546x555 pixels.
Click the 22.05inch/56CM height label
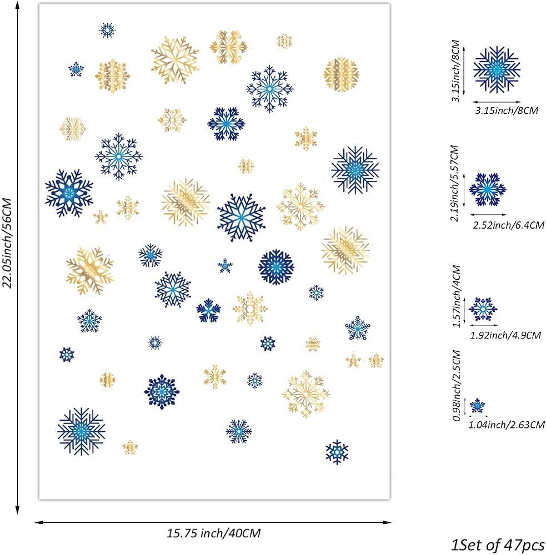click(x=7, y=243)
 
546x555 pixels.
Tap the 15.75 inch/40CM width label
click(x=214, y=533)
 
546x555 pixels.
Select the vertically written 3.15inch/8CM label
click(x=455, y=71)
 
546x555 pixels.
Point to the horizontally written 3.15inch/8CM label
click(x=507, y=110)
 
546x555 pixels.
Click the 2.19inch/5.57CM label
click(x=454, y=183)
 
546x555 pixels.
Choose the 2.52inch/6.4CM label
click(x=508, y=225)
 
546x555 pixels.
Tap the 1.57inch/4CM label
click(x=457, y=296)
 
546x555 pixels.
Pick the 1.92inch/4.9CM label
click(x=505, y=335)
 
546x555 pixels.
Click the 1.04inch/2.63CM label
click(x=507, y=425)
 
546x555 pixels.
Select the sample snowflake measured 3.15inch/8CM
click(x=497, y=70)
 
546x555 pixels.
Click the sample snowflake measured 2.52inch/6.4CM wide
click(x=488, y=190)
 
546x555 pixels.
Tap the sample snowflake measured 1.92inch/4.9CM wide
click(x=483, y=309)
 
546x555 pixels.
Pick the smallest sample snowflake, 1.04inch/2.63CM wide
click(x=477, y=406)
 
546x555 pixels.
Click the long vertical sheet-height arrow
click(x=17, y=258)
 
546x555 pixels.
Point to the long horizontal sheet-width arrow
click(x=213, y=522)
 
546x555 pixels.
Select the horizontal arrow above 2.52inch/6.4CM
click(x=488, y=214)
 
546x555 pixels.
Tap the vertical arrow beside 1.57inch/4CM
click(x=464, y=311)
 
